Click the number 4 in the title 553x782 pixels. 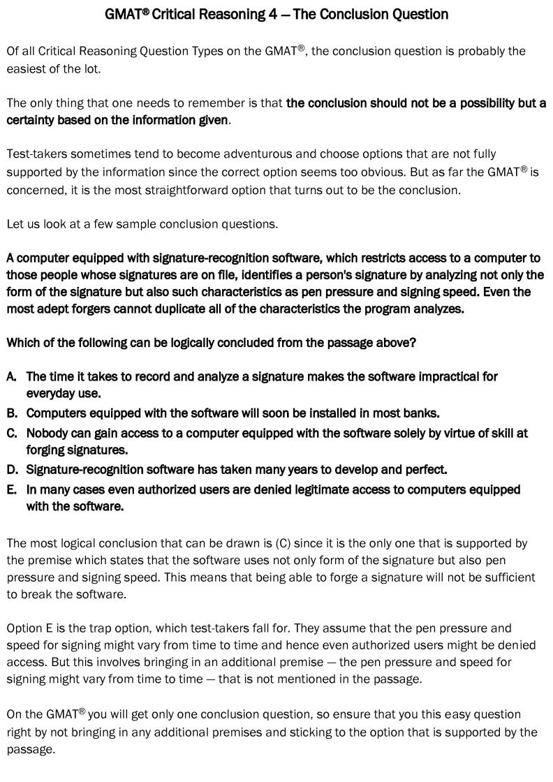point(272,14)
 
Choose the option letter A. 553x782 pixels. point(11,377)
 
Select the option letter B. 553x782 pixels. point(11,413)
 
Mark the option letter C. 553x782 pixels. point(11,434)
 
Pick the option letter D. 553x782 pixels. point(11,469)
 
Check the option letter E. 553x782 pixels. point(11,490)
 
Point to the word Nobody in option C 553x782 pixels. point(47,434)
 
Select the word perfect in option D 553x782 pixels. point(425,469)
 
